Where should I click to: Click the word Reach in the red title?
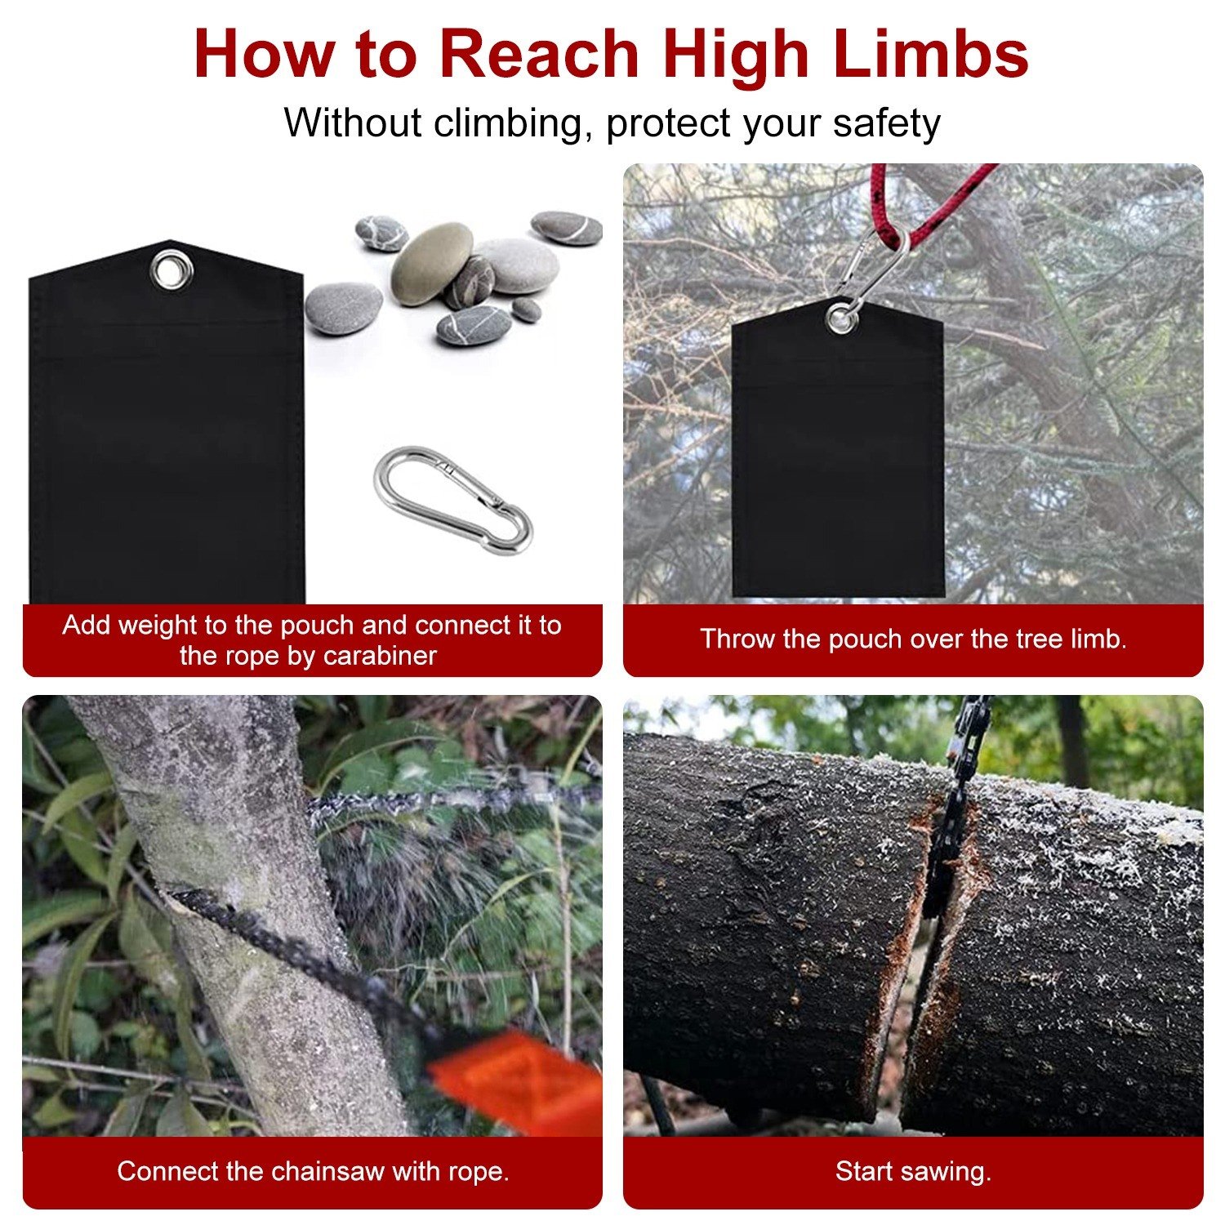tap(540, 54)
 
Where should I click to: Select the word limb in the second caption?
tap(1099, 639)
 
